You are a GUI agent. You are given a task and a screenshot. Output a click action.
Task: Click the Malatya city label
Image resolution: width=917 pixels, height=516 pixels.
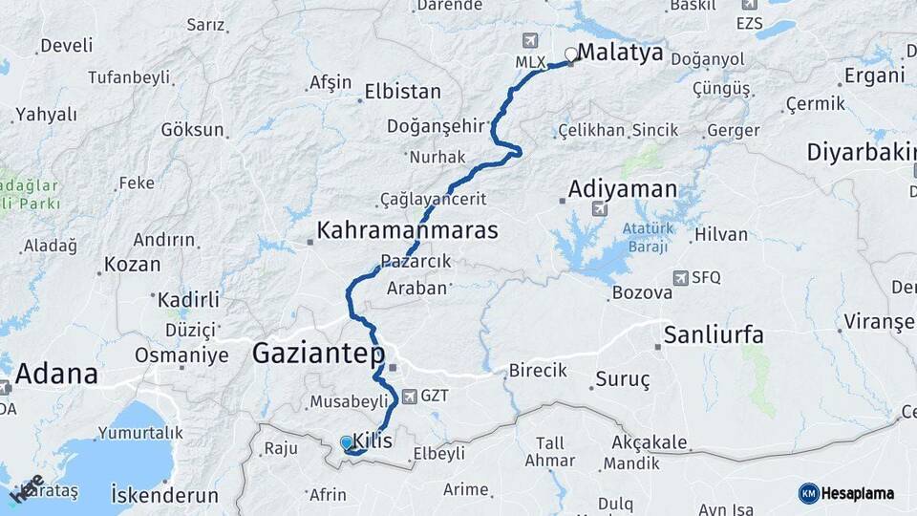click(x=621, y=54)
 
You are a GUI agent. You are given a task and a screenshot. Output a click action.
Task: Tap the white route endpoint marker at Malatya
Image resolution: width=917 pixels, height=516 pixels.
click(x=571, y=54)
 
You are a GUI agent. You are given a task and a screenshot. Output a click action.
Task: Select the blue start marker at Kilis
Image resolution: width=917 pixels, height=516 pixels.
click(x=347, y=443)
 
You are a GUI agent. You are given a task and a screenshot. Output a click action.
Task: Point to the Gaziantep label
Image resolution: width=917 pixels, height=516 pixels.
click(x=318, y=355)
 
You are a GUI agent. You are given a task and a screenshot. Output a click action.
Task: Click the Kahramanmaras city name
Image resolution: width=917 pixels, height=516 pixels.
click(x=408, y=230)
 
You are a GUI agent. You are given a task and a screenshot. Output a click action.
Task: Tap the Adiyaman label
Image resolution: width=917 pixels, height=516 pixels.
click(x=623, y=189)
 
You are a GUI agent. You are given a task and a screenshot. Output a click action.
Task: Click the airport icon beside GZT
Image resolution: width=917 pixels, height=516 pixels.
click(x=410, y=396)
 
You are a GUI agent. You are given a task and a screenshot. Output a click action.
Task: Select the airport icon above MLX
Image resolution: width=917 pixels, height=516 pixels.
click(x=531, y=42)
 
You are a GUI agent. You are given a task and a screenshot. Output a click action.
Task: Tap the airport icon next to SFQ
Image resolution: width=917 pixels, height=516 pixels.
click(x=680, y=278)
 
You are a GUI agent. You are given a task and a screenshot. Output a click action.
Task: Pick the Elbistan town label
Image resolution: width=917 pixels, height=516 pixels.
click(x=402, y=93)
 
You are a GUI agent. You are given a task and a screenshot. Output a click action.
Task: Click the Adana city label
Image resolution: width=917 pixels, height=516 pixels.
click(x=57, y=374)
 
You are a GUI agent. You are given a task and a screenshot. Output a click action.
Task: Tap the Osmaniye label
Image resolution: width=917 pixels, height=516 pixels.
click(x=181, y=355)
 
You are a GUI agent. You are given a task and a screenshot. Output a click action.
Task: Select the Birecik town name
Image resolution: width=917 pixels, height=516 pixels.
click(x=538, y=370)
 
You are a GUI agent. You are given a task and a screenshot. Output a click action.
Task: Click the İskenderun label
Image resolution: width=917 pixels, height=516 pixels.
click(x=165, y=496)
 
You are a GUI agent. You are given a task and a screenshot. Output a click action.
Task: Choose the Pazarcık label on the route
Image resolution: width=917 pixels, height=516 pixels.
click(x=416, y=261)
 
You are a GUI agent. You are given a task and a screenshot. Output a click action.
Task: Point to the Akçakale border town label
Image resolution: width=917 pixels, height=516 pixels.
click(x=649, y=442)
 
